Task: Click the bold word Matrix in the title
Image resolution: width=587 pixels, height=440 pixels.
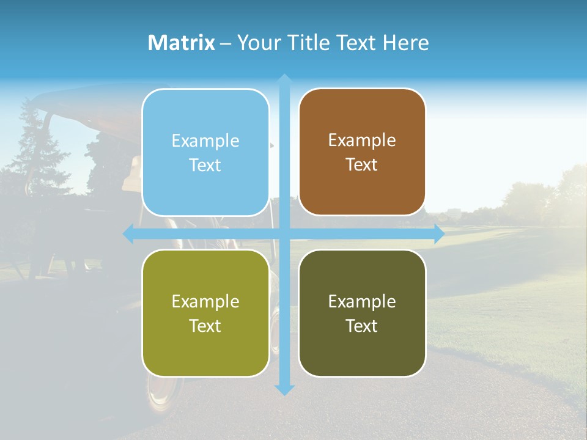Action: click(x=182, y=43)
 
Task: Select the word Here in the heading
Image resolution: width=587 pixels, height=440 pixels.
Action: click(x=405, y=43)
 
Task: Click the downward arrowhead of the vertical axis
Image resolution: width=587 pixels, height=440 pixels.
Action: click(x=284, y=389)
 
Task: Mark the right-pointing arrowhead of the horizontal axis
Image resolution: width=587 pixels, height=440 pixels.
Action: click(x=438, y=234)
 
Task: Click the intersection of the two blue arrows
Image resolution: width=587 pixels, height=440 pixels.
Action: click(x=284, y=234)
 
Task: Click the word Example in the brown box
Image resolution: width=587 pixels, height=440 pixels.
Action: click(x=362, y=140)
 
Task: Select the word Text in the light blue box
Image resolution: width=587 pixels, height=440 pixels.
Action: click(x=205, y=165)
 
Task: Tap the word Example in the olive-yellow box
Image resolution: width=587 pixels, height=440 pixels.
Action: click(x=205, y=301)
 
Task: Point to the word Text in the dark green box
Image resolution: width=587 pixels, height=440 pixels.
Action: click(x=362, y=326)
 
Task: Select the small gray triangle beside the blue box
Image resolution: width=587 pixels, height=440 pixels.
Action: click(x=272, y=145)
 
